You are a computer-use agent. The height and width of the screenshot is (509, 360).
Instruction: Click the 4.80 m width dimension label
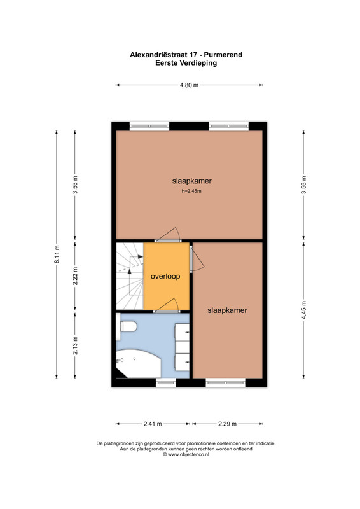190,85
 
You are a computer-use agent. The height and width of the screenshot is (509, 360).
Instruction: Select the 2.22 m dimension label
75,276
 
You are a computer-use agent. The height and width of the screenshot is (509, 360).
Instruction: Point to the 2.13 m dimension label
75,345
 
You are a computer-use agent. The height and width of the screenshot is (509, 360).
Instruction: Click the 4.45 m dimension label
304,310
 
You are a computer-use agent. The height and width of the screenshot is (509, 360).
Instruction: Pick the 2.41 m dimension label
153,424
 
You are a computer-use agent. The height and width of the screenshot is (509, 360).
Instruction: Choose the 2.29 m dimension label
227,424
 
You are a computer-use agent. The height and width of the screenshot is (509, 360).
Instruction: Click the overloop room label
165,277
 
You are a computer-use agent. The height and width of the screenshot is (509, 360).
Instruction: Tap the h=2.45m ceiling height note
191,191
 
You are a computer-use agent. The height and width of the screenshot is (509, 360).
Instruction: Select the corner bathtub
139,363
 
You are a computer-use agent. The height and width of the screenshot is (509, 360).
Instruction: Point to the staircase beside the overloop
130,276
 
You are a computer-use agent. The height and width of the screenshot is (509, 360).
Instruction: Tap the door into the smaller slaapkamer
196,259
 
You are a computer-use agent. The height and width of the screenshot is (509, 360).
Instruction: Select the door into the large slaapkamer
168,236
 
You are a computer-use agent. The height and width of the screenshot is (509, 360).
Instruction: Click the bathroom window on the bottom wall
165,383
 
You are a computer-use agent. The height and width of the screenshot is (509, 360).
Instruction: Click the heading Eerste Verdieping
186,63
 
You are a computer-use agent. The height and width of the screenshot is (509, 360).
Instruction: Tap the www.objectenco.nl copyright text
186,455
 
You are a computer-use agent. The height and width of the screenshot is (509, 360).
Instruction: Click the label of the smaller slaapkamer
227,310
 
